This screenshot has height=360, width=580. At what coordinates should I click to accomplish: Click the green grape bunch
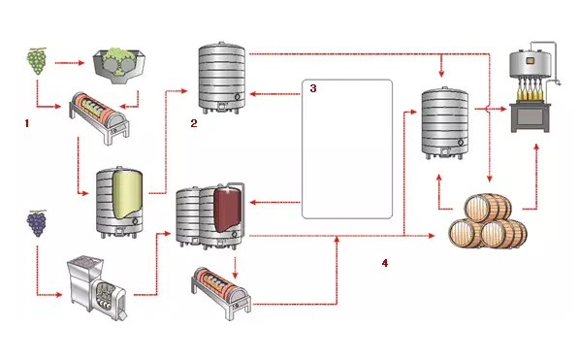37,61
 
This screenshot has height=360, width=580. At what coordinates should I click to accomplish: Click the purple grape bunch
37,223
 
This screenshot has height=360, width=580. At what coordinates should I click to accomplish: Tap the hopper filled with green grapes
118,67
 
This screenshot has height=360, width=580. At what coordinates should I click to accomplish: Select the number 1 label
26,123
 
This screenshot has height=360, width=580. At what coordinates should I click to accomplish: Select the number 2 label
194,123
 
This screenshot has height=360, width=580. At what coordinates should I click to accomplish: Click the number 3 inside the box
313,88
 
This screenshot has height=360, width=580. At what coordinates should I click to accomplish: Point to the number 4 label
385,263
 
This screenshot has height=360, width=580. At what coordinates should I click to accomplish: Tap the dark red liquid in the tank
228,209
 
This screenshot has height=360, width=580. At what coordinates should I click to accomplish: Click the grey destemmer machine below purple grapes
97,287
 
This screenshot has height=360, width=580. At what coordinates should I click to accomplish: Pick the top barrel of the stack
488,208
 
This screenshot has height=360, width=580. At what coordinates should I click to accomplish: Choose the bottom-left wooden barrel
465,233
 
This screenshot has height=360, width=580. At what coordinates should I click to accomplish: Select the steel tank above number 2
221,78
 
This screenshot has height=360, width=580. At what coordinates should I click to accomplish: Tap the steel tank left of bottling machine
445,123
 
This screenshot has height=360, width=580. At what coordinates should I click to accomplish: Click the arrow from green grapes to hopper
70,63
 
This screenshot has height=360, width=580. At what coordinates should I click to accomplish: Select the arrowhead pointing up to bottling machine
535,147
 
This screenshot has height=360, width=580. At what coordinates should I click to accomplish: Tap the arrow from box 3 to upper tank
274,94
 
